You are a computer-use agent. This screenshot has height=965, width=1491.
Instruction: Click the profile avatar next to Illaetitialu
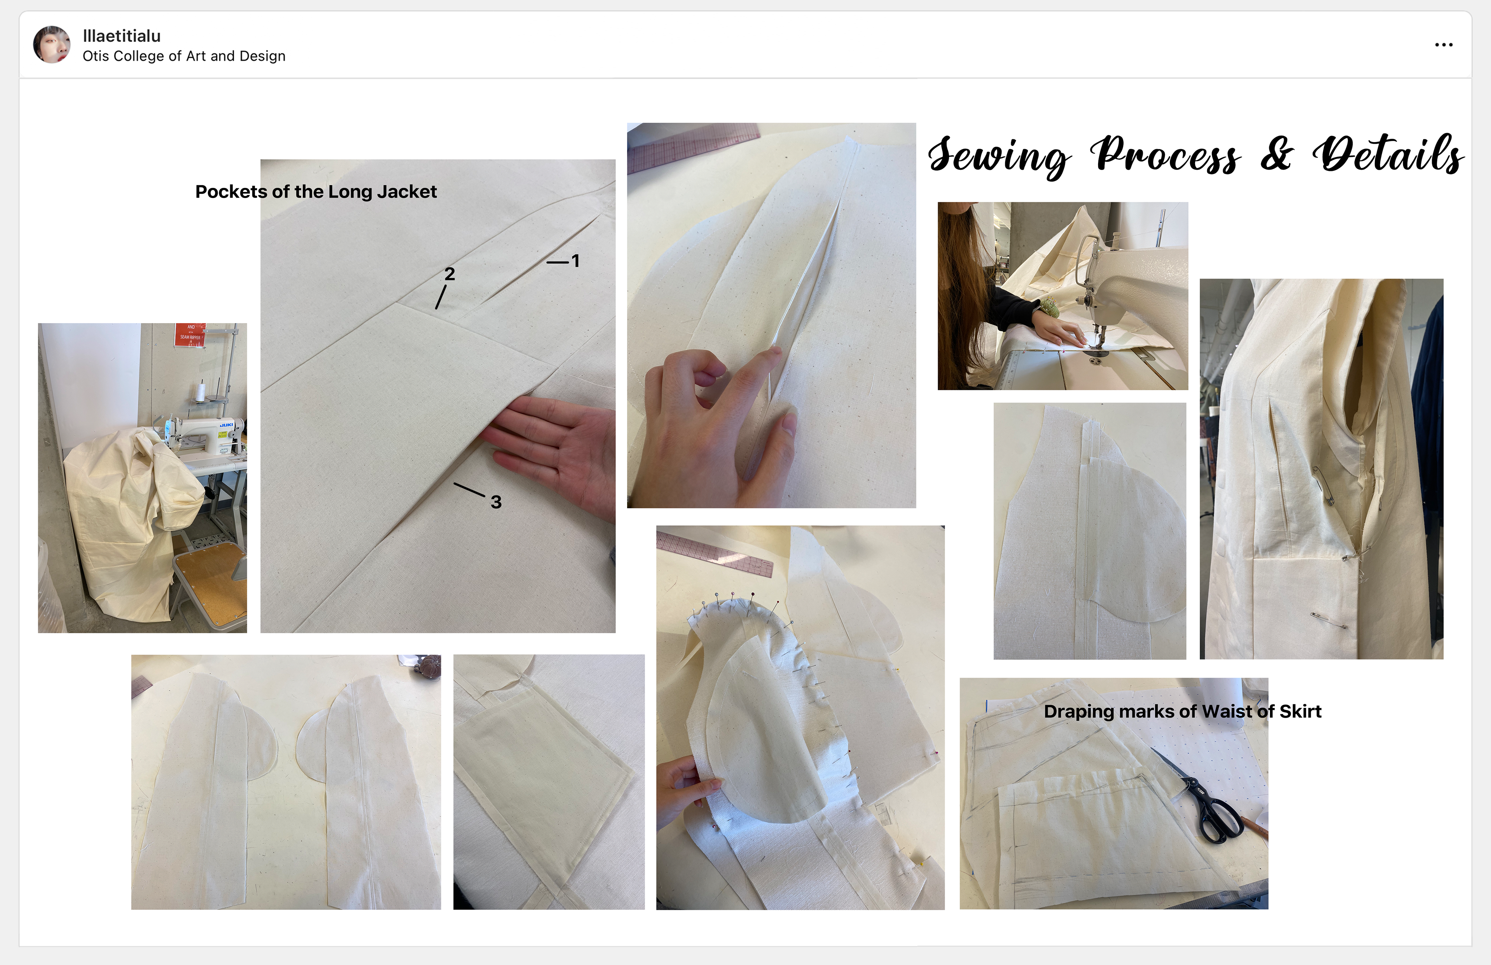tap(51, 45)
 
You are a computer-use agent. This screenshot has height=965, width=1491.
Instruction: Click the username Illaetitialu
tap(122, 36)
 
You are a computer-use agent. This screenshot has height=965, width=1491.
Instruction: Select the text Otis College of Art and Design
tap(184, 56)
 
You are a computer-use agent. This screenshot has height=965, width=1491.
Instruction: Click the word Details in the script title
tap(1388, 153)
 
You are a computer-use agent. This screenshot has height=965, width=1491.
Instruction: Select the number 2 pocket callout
tap(450, 274)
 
